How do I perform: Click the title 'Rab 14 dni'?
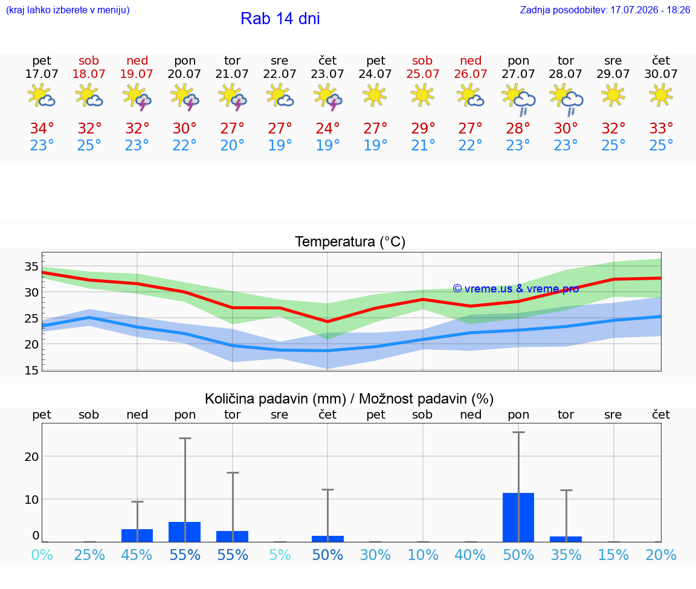(280, 19)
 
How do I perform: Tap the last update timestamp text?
(605, 10)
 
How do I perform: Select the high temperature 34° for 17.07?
(42, 128)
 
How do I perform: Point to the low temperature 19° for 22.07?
(280, 145)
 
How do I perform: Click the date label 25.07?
(422, 74)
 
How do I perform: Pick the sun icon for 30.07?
(661, 95)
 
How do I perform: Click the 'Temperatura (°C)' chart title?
(350, 242)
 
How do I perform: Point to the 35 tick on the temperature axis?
(31, 266)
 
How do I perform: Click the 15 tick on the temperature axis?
(31, 370)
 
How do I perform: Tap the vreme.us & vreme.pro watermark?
(516, 289)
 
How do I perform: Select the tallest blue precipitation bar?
(518, 518)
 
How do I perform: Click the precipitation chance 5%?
(280, 555)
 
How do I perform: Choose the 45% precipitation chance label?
(137, 555)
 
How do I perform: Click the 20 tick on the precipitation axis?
(31, 456)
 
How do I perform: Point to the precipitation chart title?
(349, 399)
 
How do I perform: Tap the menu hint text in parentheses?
(68, 10)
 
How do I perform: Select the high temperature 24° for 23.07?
(327, 128)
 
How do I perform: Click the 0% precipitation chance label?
(42, 555)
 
